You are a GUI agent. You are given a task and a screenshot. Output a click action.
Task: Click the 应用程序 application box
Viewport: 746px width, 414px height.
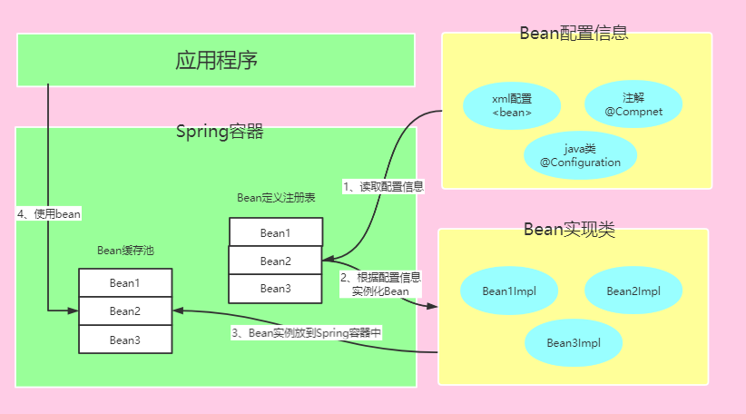click(x=216, y=61)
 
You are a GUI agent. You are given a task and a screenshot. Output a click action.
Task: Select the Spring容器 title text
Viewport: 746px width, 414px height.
click(x=219, y=132)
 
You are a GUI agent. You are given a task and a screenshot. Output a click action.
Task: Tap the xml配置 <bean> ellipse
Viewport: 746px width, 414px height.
click(x=511, y=105)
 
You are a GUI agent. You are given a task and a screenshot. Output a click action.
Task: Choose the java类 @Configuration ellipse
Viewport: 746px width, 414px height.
click(x=581, y=155)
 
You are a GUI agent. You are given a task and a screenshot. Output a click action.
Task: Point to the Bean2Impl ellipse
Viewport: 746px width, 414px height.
click(x=633, y=291)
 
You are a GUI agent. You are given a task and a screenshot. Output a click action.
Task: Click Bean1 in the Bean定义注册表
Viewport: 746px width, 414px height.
click(x=275, y=232)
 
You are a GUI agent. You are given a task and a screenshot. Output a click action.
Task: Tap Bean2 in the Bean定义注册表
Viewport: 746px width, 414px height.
click(x=275, y=261)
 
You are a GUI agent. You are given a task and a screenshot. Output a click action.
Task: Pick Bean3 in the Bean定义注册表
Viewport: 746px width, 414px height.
click(x=275, y=289)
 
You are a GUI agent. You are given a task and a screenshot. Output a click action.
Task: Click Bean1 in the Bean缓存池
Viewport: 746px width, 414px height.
click(x=124, y=282)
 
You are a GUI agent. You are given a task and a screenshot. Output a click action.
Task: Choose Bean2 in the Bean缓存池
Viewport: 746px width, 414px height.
click(x=124, y=310)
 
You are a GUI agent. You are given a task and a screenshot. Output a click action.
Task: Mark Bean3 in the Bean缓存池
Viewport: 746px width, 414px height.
click(x=124, y=340)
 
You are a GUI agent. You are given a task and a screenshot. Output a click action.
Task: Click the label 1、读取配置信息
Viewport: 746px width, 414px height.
click(x=383, y=186)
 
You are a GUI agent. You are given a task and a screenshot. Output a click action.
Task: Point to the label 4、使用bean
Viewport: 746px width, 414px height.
click(x=49, y=214)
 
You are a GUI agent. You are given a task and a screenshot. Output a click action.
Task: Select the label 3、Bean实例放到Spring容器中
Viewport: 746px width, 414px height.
click(x=307, y=333)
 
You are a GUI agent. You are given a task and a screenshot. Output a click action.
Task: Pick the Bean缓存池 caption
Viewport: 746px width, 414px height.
click(x=125, y=251)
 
